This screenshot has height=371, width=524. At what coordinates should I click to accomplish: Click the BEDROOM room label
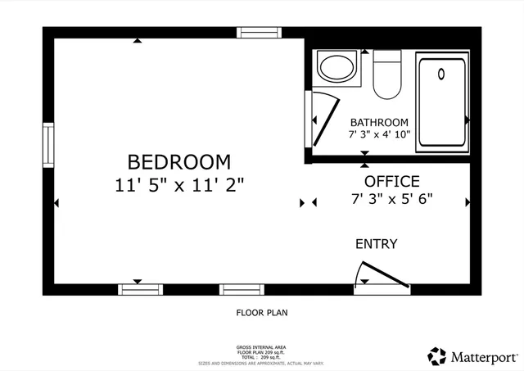click(178, 161)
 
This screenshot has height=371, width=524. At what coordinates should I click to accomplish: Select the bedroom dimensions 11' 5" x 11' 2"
click(179, 184)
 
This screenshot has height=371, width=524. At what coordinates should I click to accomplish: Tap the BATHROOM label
click(379, 122)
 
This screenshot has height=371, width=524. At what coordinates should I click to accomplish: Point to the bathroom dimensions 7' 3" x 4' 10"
click(379, 133)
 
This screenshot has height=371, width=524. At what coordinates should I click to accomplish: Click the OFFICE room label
click(391, 181)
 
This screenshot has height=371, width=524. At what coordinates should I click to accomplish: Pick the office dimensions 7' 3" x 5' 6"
click(391, 198)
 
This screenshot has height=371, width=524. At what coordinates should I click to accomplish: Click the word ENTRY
click(376, 244)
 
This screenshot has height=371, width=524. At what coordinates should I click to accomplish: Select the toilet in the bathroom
click(386, 74)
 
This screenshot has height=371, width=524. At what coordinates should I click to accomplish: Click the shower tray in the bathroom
click(442, 102)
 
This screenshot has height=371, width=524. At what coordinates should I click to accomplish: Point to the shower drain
click(441, 74)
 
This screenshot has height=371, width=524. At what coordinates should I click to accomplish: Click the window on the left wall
click(48, 145)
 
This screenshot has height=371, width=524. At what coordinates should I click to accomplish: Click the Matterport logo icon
click(436, 356)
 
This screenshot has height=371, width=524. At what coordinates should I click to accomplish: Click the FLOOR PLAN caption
click(261, 312)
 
